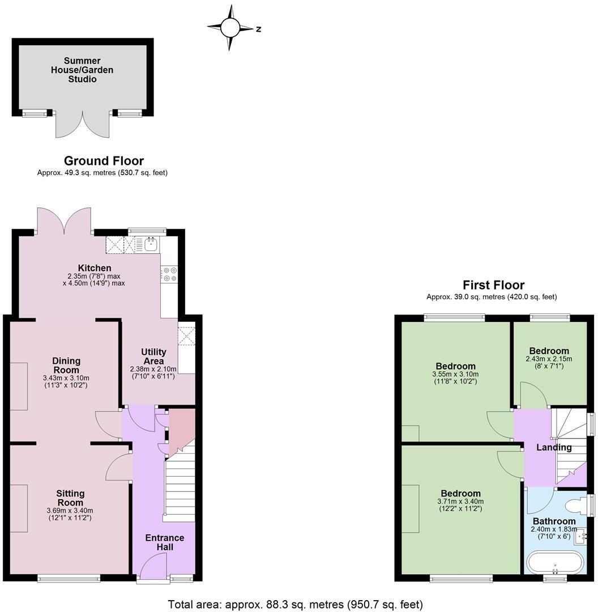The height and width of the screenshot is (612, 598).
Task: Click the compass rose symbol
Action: pyautogui.click(x=230, y=27)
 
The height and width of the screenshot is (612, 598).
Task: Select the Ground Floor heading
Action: pyautogui.click(x=104, y=161)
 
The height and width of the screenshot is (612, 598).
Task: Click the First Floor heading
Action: pyautogui.click(x=493, y=285)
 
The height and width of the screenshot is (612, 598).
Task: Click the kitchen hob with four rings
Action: pyautogui.click(x=169, y=274)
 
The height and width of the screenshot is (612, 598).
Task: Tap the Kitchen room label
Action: pyautogui.click(x=94, y=268)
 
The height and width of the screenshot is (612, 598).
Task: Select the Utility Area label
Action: pyautogui.click(x=153, y=356)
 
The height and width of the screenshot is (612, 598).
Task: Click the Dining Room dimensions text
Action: pyautogui.click(x=66, y=381)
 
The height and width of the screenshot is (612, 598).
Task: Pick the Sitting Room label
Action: pyautogui.click(x=70, y=498)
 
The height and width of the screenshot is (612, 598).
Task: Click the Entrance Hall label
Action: pyautogui.click(x=165, y=542)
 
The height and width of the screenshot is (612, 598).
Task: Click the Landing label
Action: pyautogui.click(x=554, y=448)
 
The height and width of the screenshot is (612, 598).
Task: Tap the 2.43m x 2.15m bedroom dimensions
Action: pyautogui.click(x=549, y=362)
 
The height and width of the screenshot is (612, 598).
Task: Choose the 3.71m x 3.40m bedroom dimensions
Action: pyautogui.click(x=460, y=505)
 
